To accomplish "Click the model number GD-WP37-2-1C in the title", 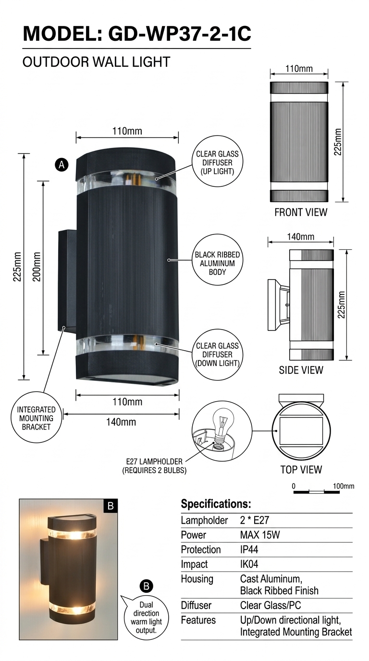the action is pos(180,34).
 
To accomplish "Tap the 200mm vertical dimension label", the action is pos(37,267).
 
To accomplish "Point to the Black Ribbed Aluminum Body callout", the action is pos(217,260).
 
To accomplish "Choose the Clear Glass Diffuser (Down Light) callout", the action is pos(217,355).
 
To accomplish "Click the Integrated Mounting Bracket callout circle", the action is pos(37,418).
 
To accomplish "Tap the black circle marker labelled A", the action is pos(61,164).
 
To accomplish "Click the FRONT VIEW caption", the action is pos(301,212).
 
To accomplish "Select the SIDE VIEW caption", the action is pos(301,370).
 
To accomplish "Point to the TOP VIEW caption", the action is pos(301,469).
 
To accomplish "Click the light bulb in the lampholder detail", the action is pos(223,424).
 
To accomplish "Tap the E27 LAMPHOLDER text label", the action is pos(154,461).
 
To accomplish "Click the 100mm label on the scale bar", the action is pos(344,486).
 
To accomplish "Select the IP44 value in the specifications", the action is pos(249,550).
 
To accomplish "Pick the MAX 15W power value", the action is pos(260,535).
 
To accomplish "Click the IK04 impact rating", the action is pos(249,564).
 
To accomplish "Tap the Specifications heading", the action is pos(216,504).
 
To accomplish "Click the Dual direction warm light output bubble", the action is pos(146,618).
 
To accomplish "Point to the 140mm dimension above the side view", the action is pos(300,236).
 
